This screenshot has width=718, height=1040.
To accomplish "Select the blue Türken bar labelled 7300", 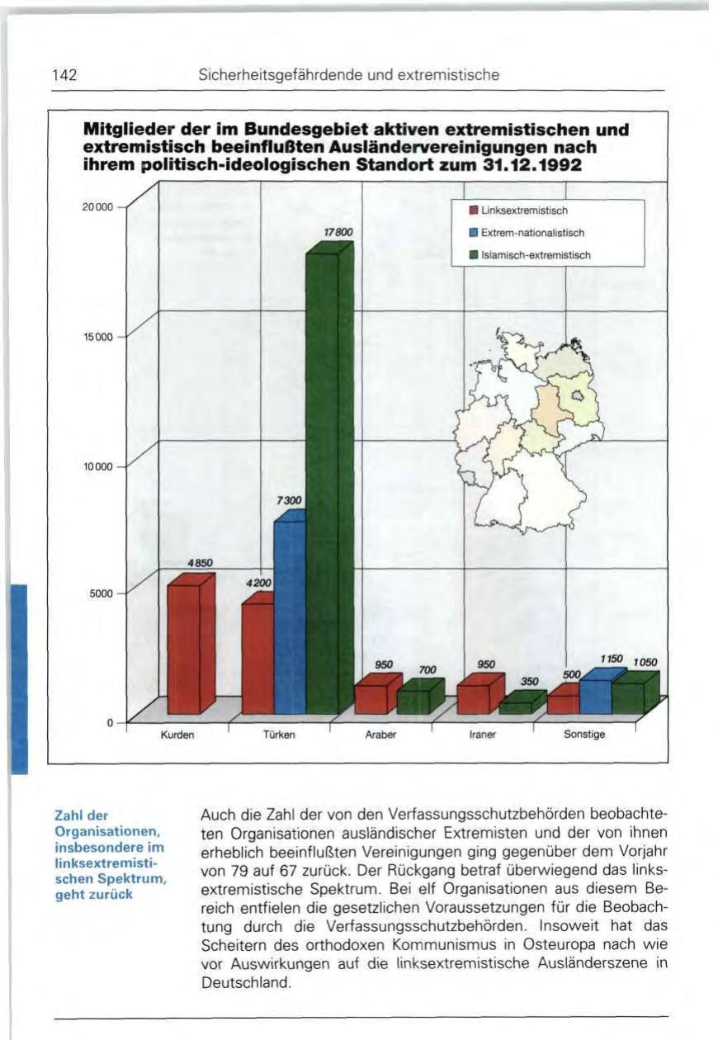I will click(x=289, y=615).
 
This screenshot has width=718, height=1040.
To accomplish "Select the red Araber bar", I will click(x=371, y=697).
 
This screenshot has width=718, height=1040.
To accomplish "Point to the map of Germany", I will click(x=528, y=429).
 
